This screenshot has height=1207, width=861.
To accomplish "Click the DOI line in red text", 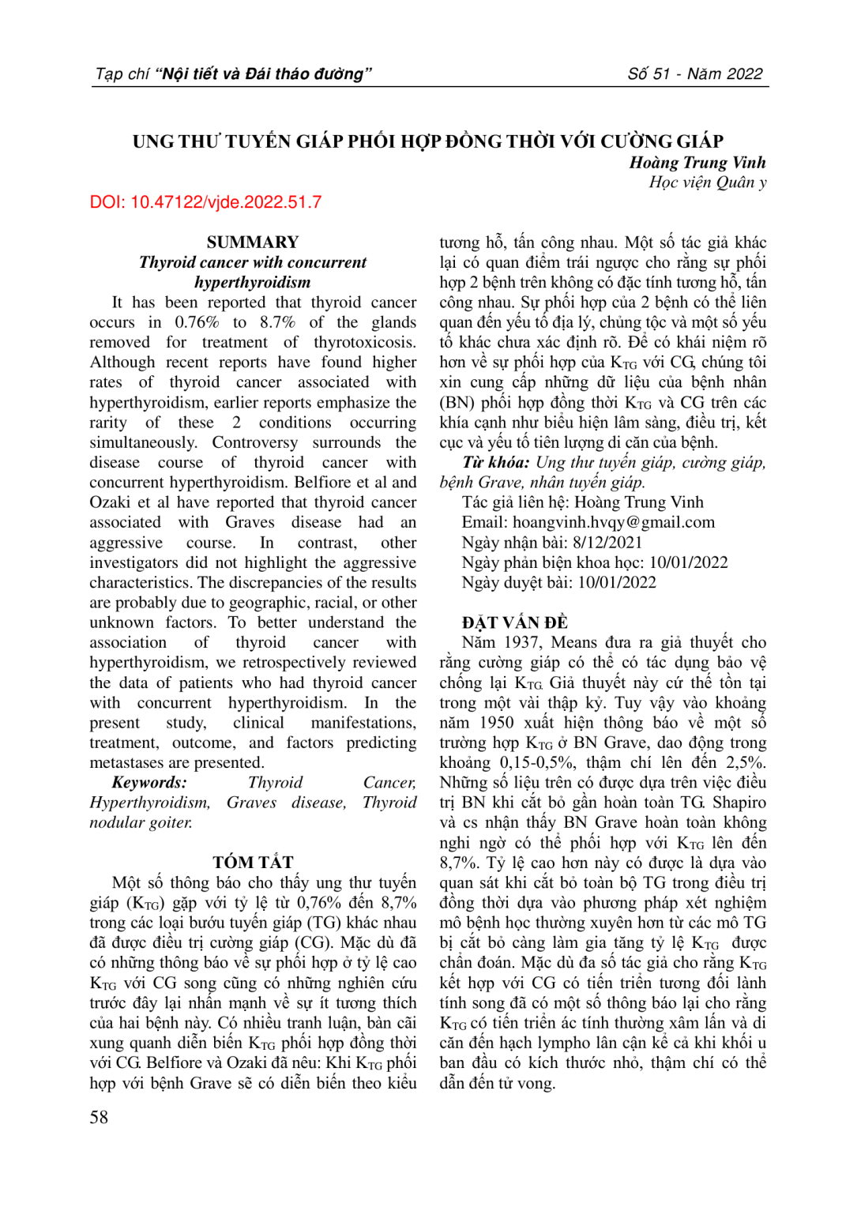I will [205, 202].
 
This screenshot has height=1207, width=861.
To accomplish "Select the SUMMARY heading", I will [253, 242].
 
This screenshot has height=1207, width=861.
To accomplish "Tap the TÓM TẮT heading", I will [253, 862].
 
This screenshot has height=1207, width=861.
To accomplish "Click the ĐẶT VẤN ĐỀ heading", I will [515, 622].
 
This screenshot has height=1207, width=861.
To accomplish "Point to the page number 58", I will [99, 1117].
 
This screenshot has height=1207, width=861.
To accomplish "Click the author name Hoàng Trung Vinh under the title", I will [697, 163].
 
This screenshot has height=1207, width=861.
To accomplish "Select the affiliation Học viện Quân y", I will [707, 182].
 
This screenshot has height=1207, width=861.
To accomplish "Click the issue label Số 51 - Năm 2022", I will [695, 74].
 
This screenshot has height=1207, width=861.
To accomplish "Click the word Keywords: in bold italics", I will [149, 782].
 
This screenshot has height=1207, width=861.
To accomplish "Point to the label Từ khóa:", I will [495, 462].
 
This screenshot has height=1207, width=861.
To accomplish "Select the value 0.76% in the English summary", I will [197, 322].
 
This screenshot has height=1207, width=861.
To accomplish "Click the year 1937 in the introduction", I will [522, 642].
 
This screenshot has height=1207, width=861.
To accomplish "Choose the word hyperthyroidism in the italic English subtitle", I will [253, 282].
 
